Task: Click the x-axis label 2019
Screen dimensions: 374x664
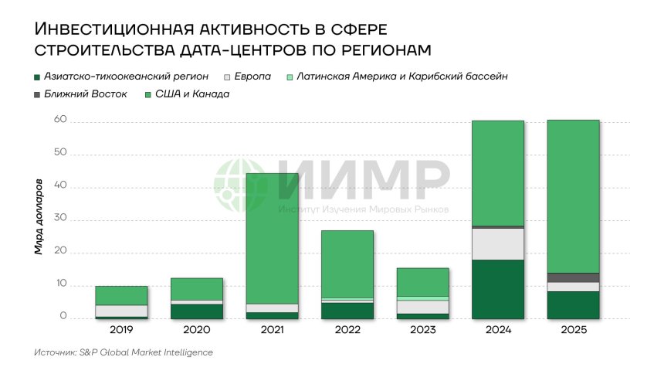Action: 121,330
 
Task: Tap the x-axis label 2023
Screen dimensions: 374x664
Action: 422,330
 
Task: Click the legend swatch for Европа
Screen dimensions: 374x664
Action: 227,77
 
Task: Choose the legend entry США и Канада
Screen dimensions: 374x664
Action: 187,94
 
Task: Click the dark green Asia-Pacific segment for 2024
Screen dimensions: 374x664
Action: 497,289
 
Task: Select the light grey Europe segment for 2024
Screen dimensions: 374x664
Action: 497,243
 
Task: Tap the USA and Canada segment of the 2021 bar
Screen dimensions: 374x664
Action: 272,238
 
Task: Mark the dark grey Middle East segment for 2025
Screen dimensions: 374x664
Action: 573,277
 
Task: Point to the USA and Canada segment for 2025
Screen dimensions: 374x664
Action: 573,196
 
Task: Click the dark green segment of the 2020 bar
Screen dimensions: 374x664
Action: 196,311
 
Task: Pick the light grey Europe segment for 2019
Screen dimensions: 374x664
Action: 121,311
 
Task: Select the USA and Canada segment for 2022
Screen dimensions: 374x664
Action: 347,263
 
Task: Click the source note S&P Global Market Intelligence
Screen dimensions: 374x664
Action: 124,352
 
